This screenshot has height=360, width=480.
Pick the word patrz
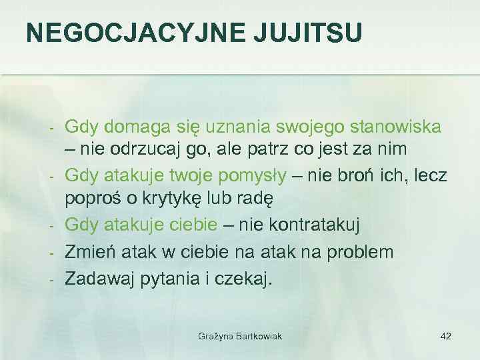(x=272, y=149)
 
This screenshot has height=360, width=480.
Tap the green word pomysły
(x=254, y=175)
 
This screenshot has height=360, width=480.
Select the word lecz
(x=430, y=175)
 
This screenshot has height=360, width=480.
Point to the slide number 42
(x=446, y=336)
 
